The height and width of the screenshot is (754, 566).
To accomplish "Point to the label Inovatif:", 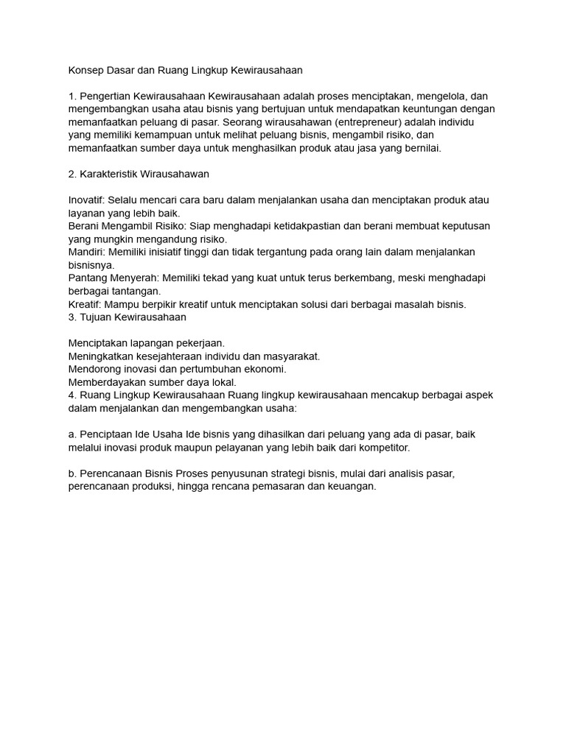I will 87,200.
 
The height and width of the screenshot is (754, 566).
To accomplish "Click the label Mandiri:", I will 86,252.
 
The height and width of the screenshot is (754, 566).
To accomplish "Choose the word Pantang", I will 88,278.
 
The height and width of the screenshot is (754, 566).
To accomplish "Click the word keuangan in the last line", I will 354,486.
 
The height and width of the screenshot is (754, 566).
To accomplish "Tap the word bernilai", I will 419,148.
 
